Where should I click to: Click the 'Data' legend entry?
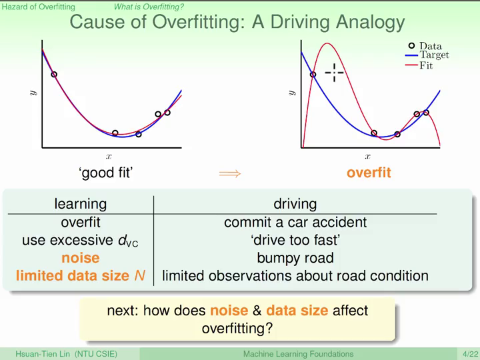[425, 46]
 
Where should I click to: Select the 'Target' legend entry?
[427, 55]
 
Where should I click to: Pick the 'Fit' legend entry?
[419, 65]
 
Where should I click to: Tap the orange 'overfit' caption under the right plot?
[369, 173]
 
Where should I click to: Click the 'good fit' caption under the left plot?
[105, 173]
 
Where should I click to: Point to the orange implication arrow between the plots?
[230, 174]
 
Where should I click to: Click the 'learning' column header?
[81, 204]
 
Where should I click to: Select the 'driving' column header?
[295, 204]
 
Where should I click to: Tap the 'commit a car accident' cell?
[295, 222]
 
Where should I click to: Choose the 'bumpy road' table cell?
[295, 258]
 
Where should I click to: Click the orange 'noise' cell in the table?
[81, 258]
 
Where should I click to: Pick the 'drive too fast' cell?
[295, 240]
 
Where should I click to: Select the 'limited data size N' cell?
[81, 275]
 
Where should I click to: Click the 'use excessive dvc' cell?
[80, 240]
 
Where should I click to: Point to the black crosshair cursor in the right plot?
[334, 73]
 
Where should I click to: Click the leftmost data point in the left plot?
[54, 75]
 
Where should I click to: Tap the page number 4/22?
[470, 354]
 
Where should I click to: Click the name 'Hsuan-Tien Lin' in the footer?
[43, 354]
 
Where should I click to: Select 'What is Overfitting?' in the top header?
[149, 7]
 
